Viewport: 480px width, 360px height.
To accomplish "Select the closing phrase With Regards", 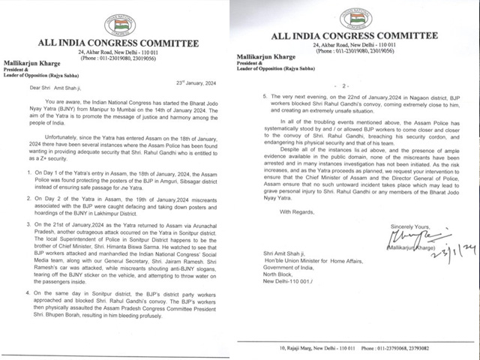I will (x=295, y=212).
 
